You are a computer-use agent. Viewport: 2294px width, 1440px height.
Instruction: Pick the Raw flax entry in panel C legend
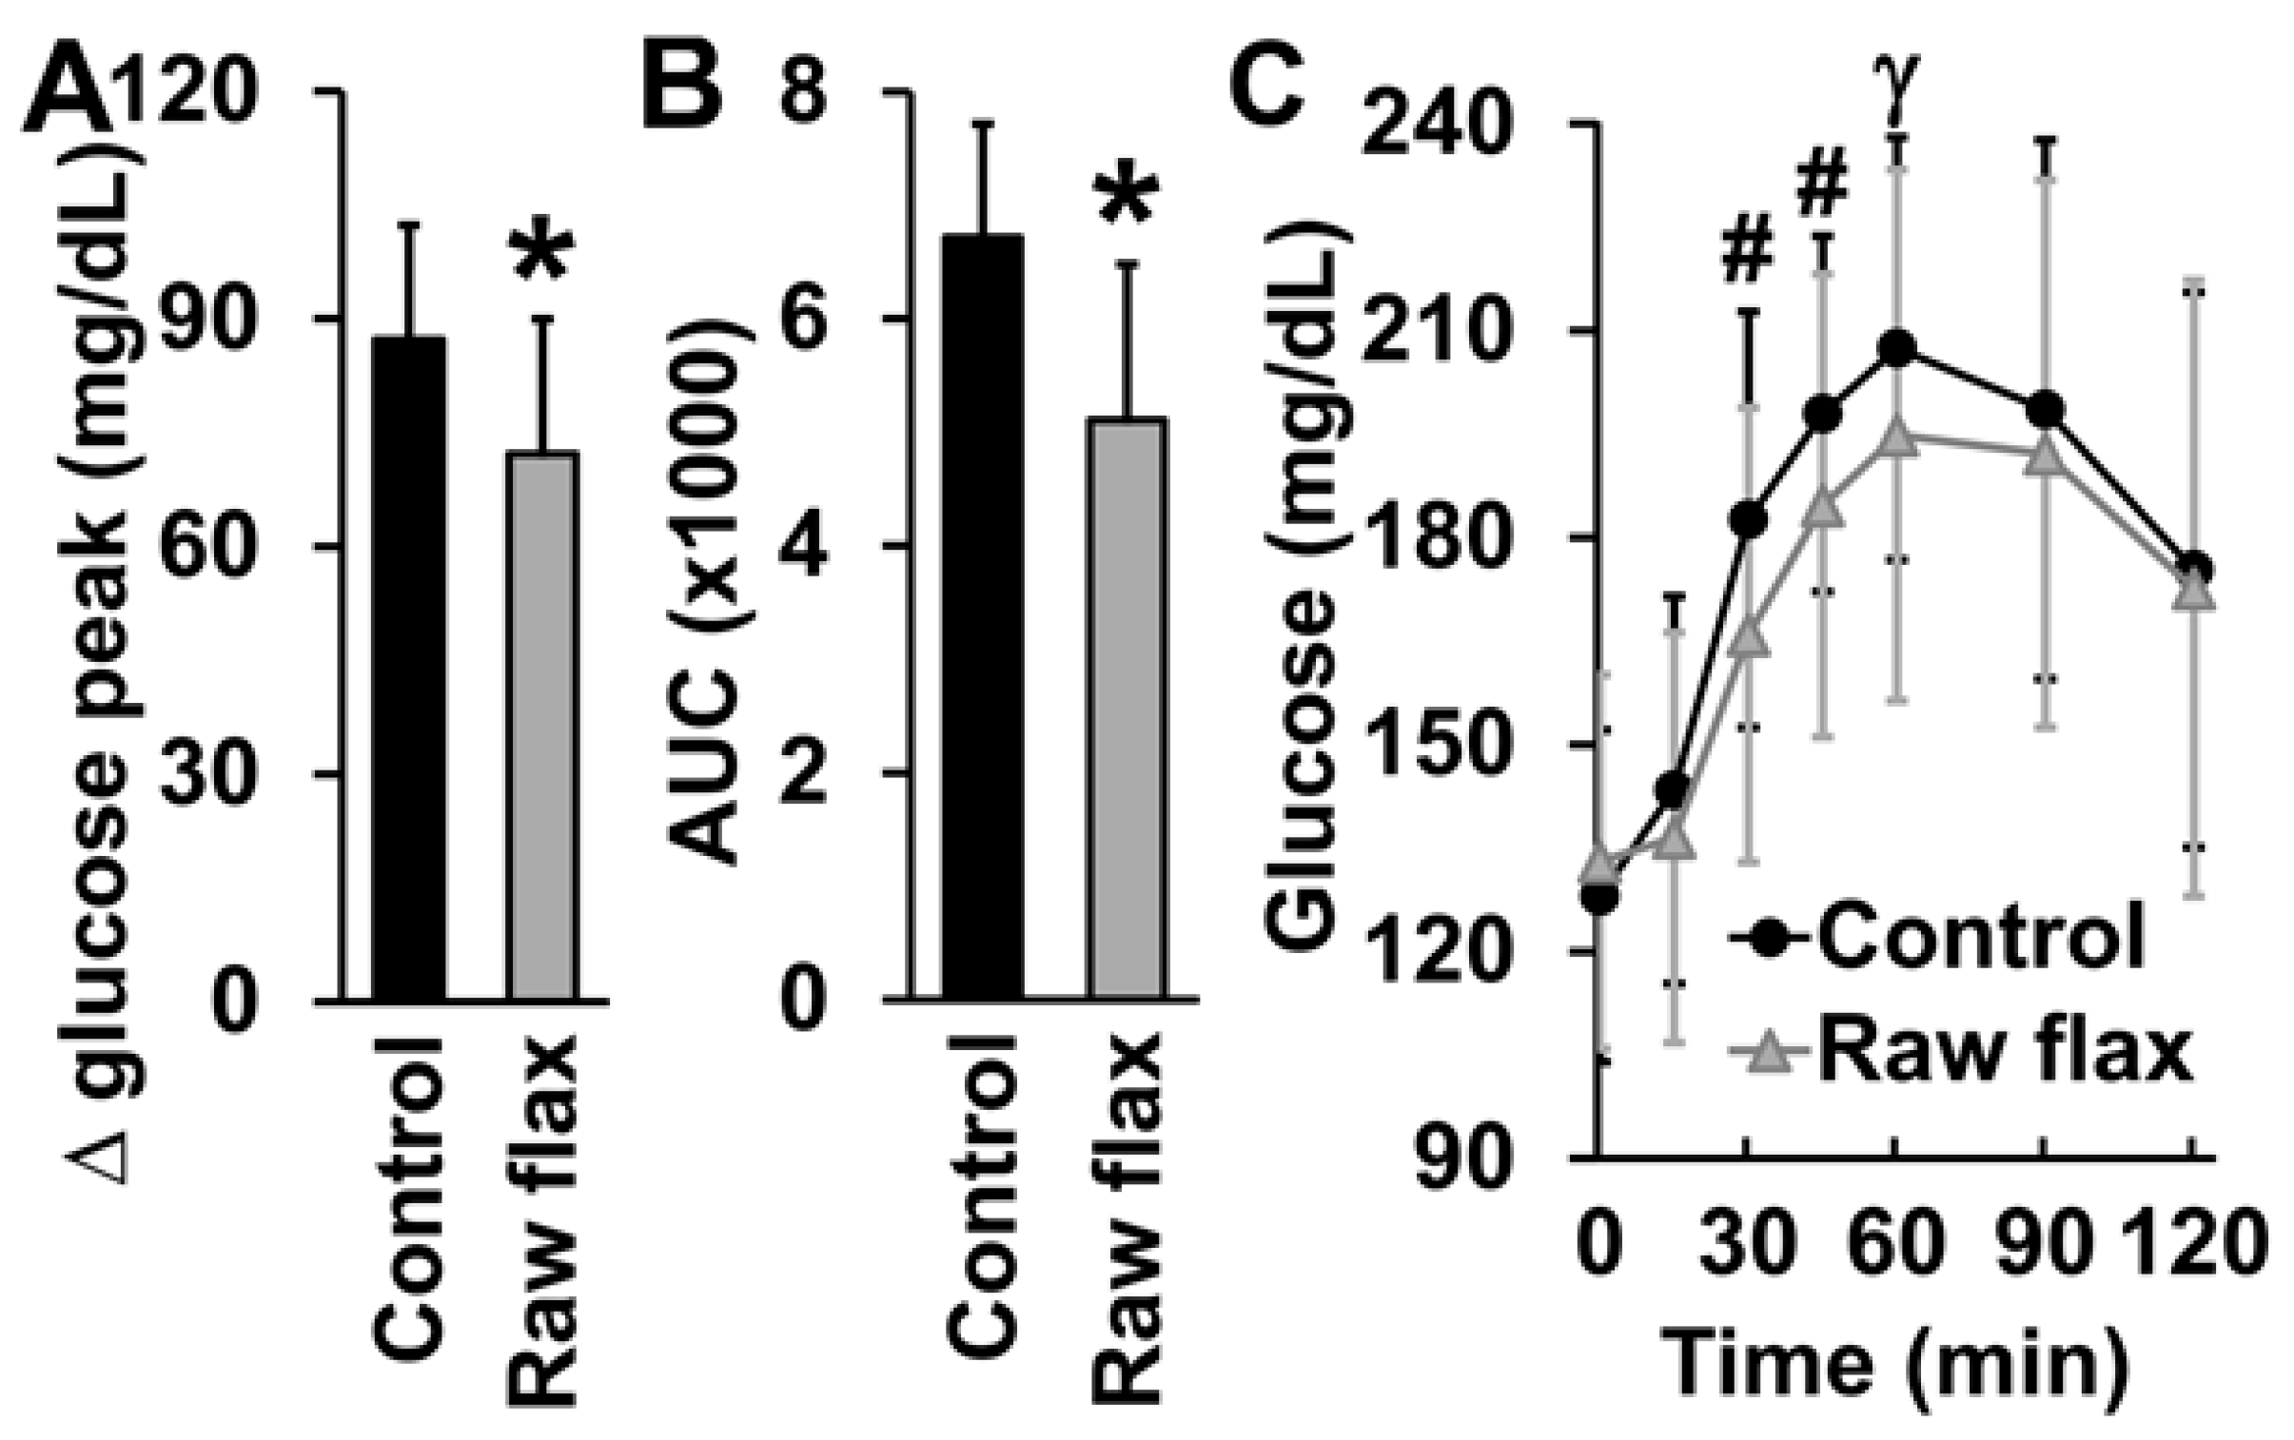tap(1963, 1052)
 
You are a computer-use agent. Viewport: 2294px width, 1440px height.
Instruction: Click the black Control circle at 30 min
tap(1747, 519)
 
